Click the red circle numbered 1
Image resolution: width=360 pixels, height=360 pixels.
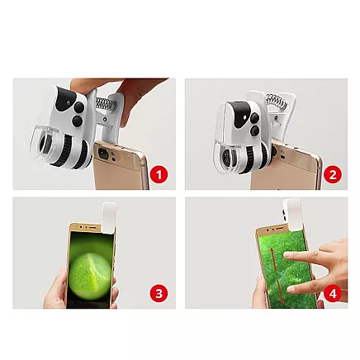click(x=159, y=174)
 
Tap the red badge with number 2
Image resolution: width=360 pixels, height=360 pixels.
click(x=333, y=174)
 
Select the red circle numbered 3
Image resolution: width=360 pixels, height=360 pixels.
click(x=159, y=293)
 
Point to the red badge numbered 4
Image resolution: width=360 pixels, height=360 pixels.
click(x=333, y=293)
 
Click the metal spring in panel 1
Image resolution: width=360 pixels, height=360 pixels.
click(x=105, y=105)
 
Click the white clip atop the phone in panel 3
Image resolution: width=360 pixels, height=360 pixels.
click(x=109, y=216)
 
